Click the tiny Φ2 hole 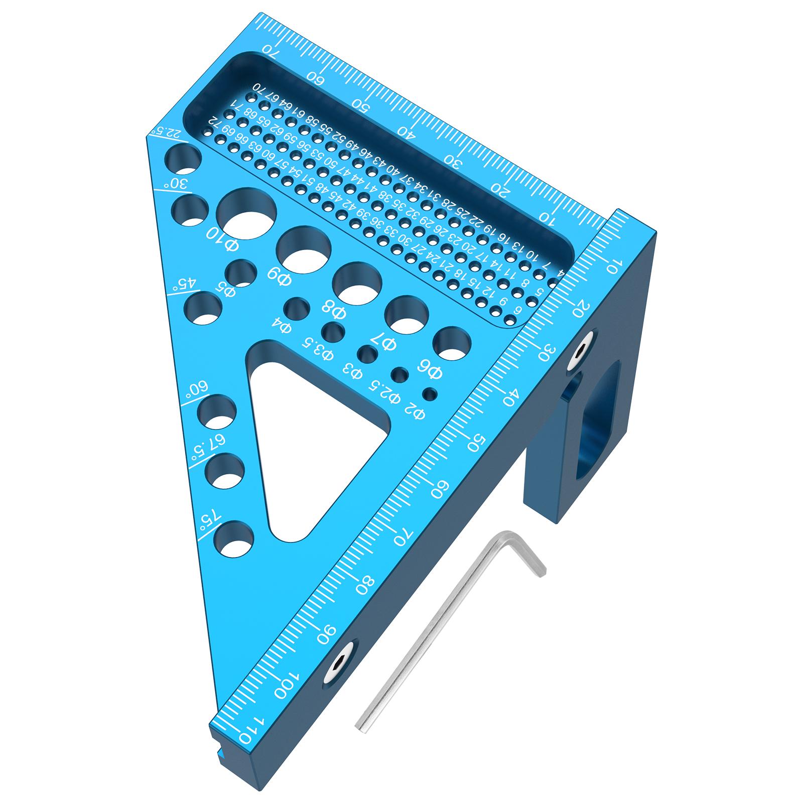[429, 394]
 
